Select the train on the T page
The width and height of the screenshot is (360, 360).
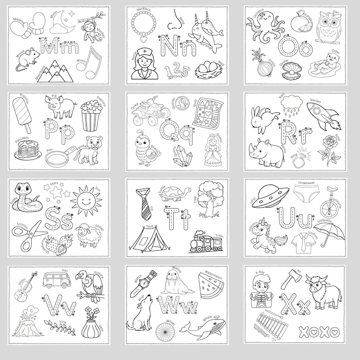coord(208,242)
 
